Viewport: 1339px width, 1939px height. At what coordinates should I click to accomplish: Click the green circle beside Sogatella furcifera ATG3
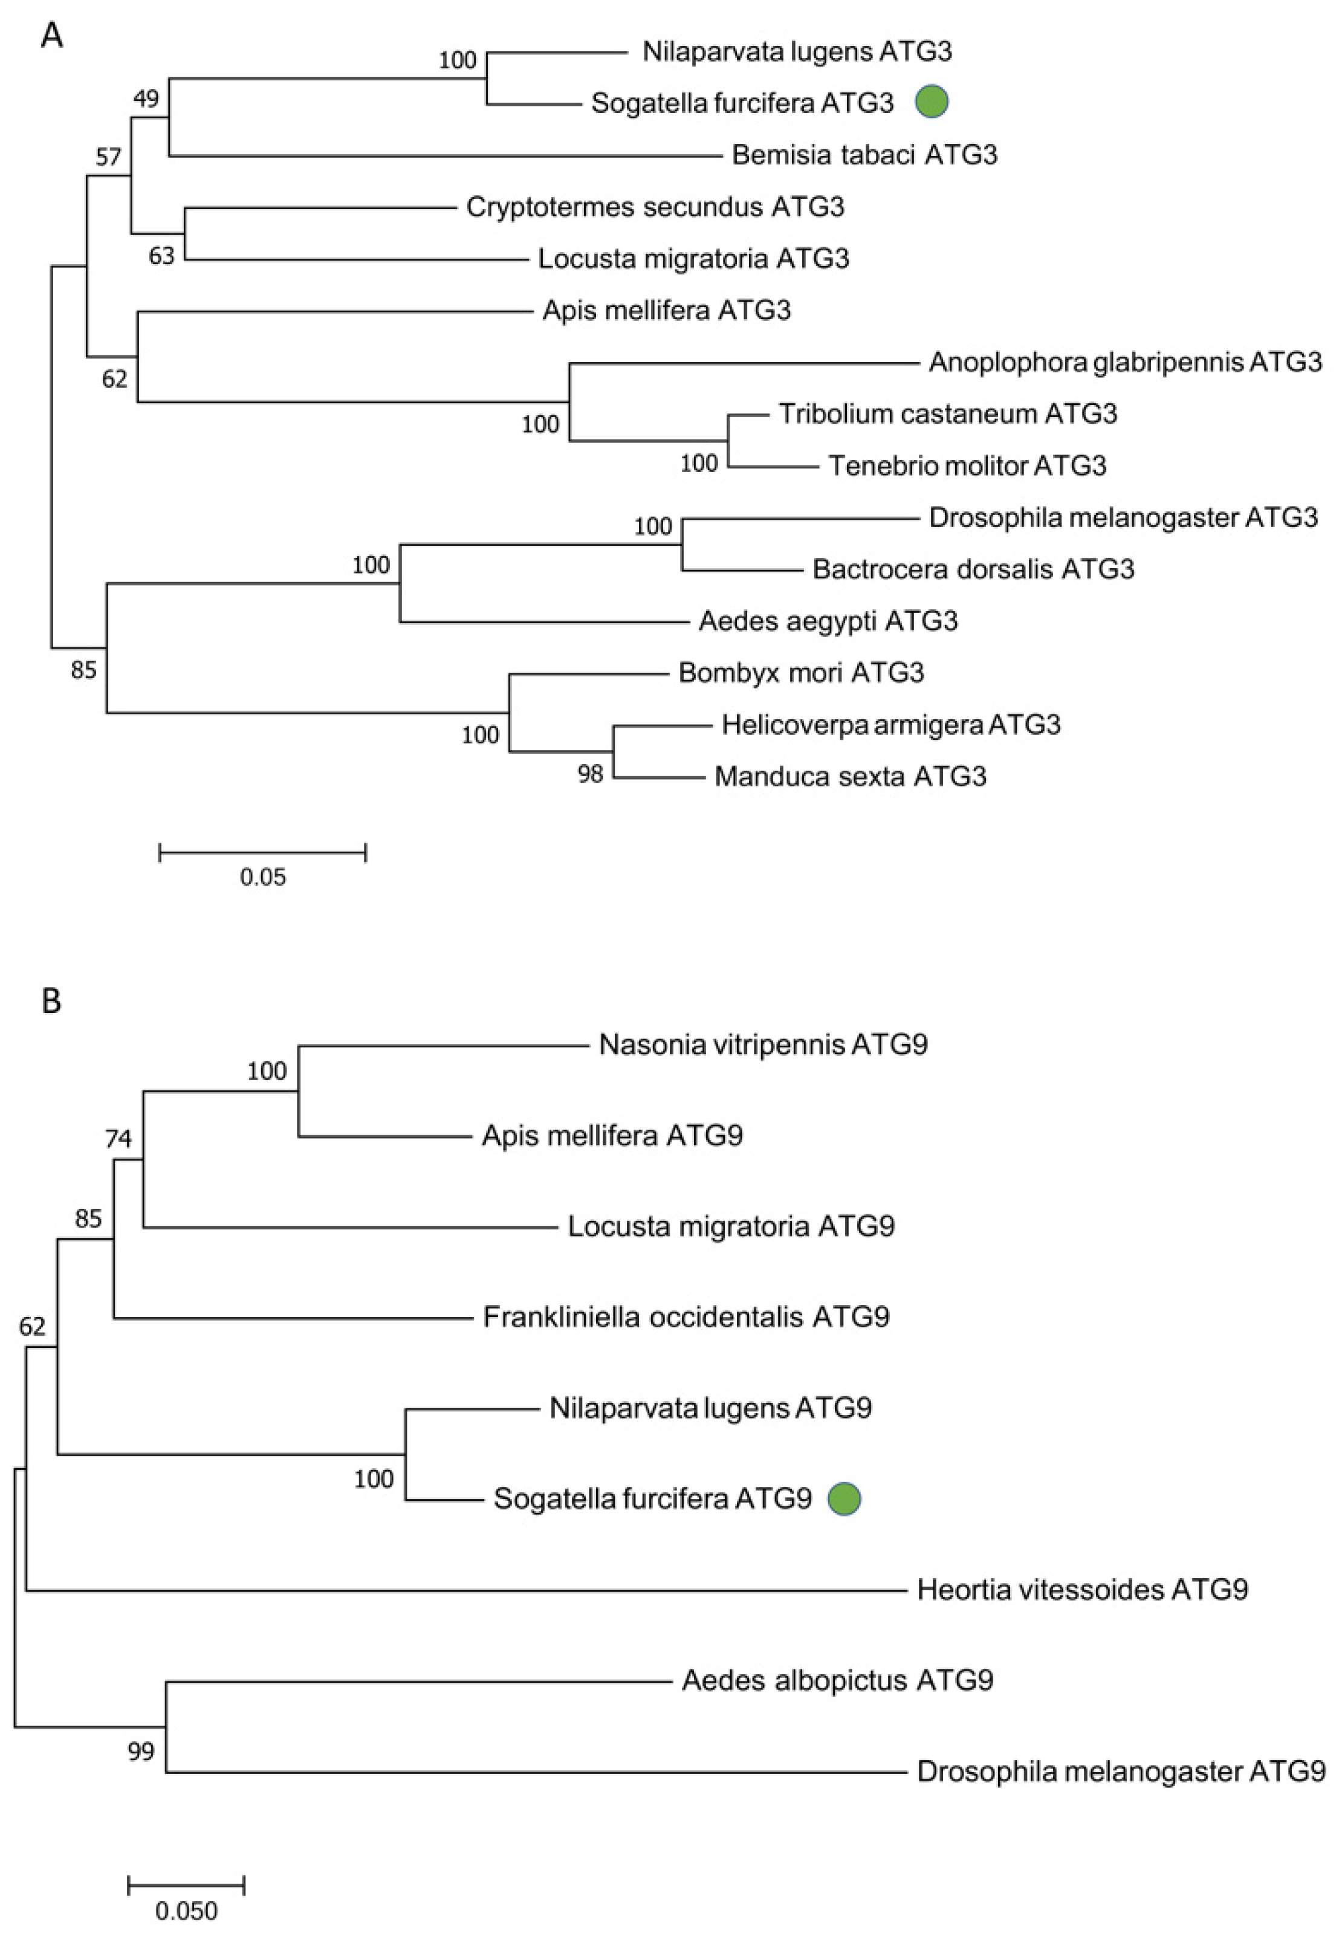click(x=932, y=102)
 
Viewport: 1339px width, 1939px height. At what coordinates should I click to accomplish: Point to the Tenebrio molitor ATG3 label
click(x=967, y=465)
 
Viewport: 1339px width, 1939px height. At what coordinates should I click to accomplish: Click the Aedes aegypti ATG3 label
click(x=828, y=621)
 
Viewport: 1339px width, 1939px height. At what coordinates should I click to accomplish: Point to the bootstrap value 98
click(x=590, y=773)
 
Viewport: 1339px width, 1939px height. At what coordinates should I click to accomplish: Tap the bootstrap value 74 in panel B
click(x=118, y=1138)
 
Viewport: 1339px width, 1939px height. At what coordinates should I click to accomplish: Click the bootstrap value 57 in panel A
click(x=108, y=157)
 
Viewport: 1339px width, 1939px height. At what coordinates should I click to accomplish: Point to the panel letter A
click(x=52, y=37)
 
